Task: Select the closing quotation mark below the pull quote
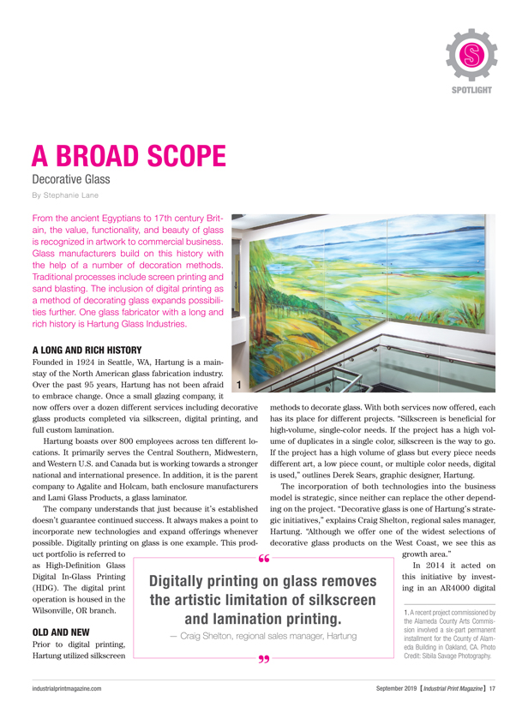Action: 262,664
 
